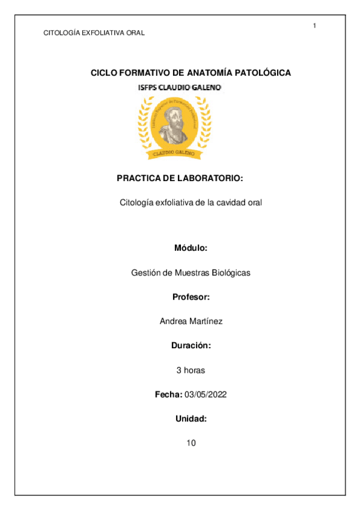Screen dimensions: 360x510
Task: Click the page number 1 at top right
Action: click(x=314, y=25)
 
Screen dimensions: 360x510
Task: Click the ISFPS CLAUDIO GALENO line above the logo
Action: click(x=180, y=88)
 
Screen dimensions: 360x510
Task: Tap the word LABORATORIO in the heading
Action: click(x=210, y=179)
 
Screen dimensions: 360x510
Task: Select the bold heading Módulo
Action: click(x=191, y=248)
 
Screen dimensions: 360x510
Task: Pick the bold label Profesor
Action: click(x=191, y=297)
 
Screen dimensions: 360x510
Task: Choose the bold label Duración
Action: click(x=191, y=346)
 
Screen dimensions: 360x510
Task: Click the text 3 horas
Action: click(x=191, y=370)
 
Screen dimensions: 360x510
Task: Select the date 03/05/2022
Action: click(x=206, y=395)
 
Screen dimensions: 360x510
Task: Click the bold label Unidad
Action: click(x=191, y=419)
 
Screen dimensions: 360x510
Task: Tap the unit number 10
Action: click(x=191, y=443)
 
